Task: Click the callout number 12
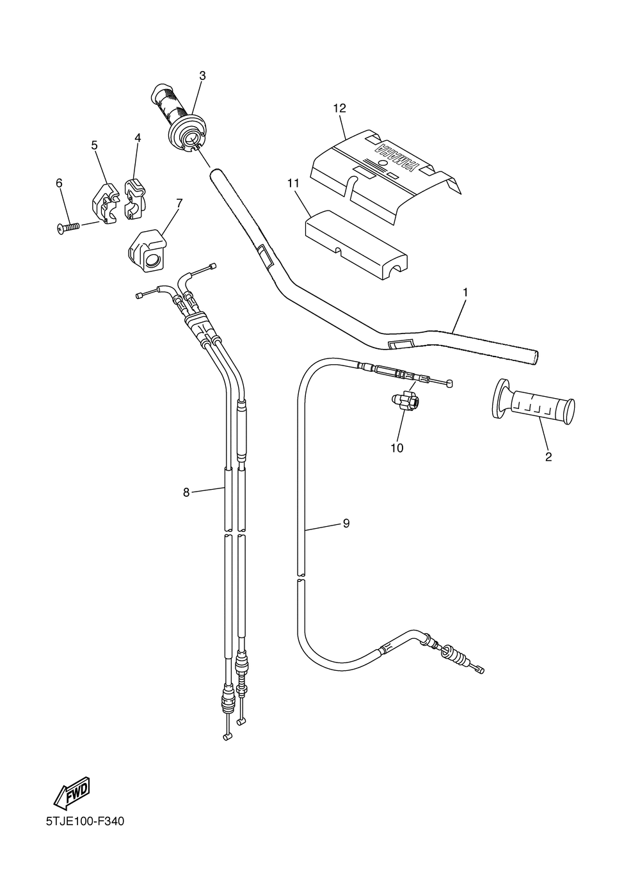tap(339, 109)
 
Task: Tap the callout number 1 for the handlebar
tap(465, 292)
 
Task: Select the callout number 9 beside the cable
tap(346, 523)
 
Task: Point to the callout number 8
tap(186, 492)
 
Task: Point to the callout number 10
tap(397, 447)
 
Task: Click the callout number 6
tap(60, 183)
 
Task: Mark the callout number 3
tap(202, 76)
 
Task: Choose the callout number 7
tap(179, 203)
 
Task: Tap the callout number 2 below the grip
tap(548, 456)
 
